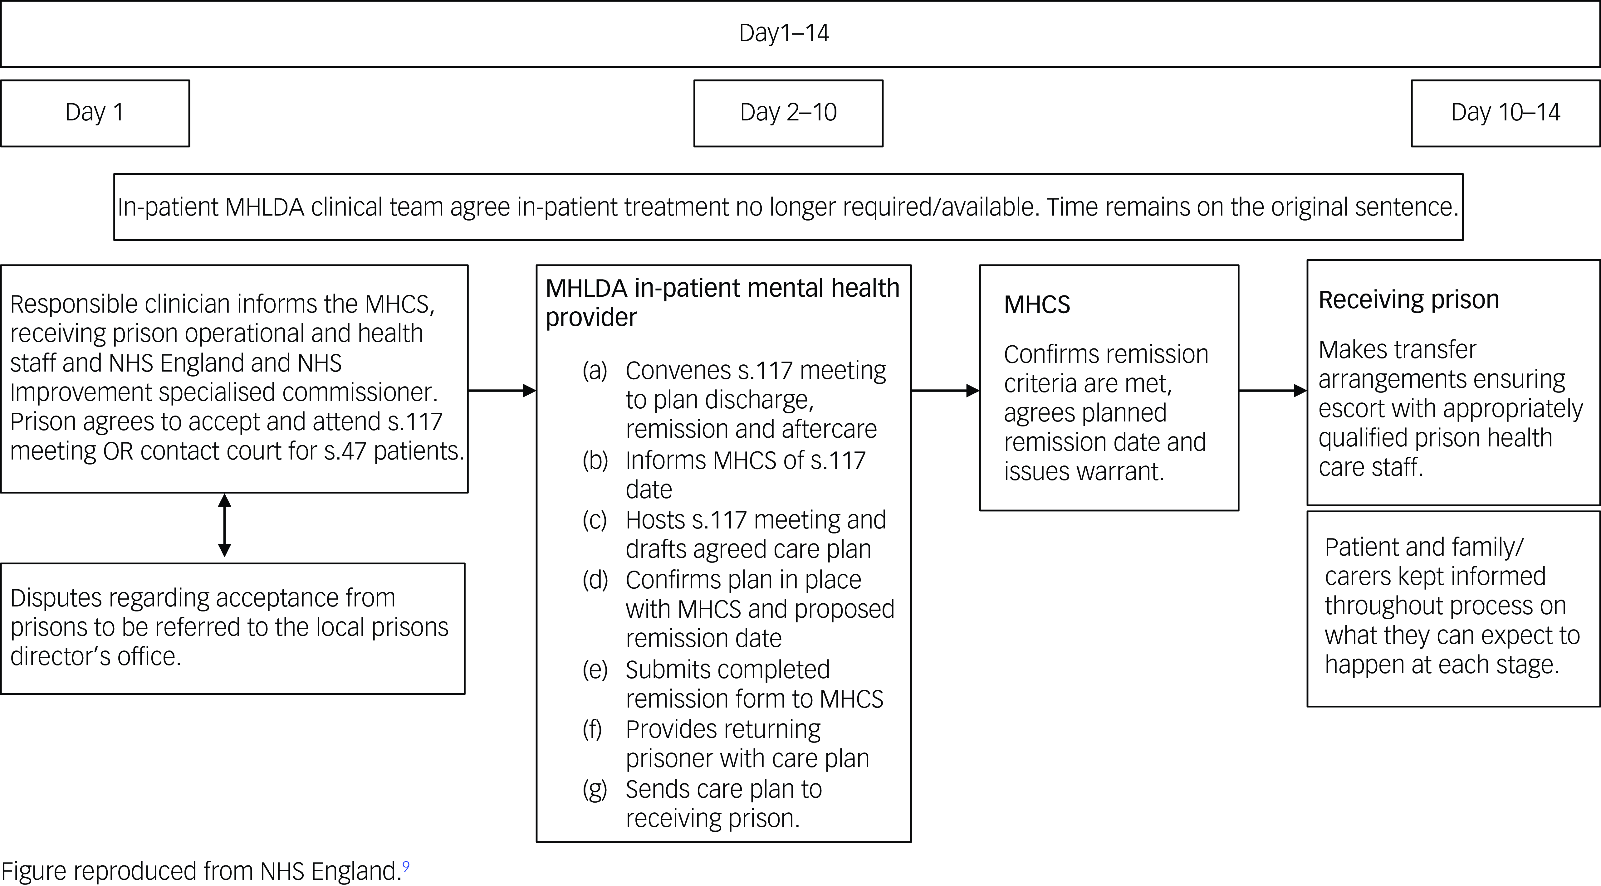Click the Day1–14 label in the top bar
point(784,33)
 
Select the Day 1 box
point(95,113)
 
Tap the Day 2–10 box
point(788,113)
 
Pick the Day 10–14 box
point(1505,113)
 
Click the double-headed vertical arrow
point(224,525)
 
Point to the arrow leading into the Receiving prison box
point(1273,390)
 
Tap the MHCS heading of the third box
point(1037,304)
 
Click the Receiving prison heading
point(1408,299)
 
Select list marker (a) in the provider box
point(595,370)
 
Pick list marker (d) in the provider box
point(595,580)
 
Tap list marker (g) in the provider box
point(595,789)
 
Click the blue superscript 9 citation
point(406,865)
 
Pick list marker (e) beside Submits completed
point(595,670)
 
